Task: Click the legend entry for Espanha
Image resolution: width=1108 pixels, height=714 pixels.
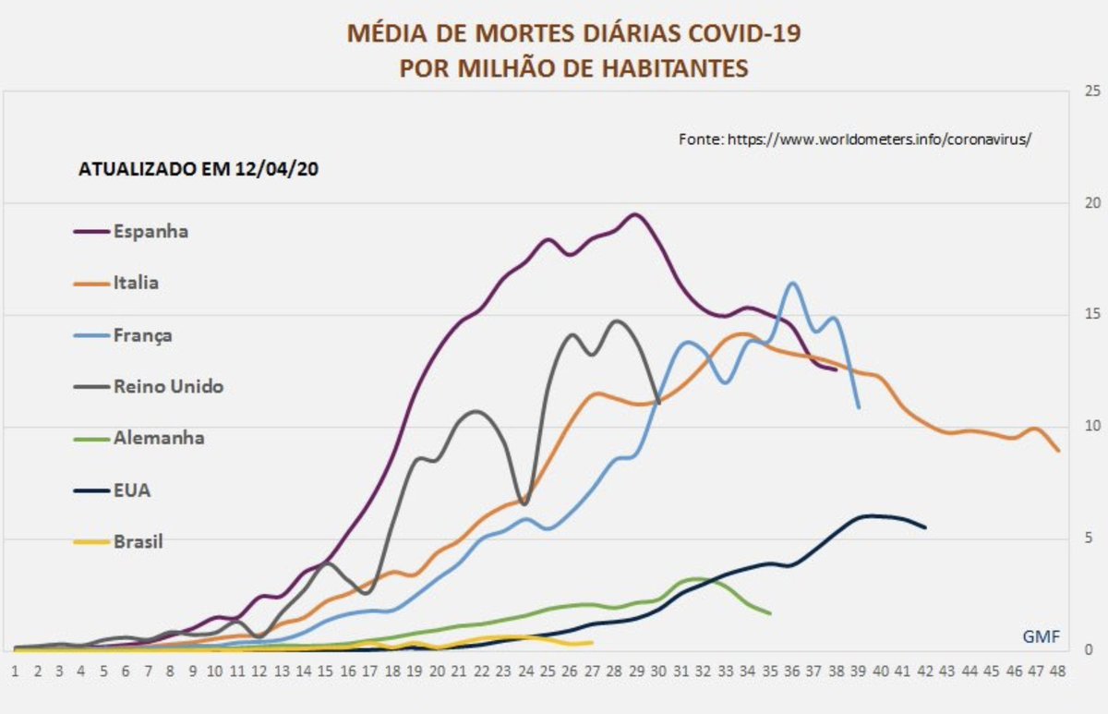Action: pyautogui.click(x=150, y=232)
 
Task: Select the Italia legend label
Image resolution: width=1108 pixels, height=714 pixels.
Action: pyautogui.click(x=135, y=283)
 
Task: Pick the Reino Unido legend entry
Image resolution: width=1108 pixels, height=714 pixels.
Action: pyautogui.click(x=167, y=387)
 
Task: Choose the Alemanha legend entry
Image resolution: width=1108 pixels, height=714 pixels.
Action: pyautogui.click(x=158, y=438)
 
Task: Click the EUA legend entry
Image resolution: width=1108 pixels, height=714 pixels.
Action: pyautogui.click(x=131, y=490)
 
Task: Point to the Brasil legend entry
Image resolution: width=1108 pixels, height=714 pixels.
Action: pyautogui.click(x=138, y=542)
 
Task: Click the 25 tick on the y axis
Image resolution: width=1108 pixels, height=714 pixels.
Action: pyautogui.click(x=1093, y=91)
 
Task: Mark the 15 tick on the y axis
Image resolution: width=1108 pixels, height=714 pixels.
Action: pyautogui.click(x=1093, y=315)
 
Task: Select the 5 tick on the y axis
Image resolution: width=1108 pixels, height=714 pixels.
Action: pyautogui.click(x=1090, y=539)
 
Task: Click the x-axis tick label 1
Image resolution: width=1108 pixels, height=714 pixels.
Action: pyautogui.click(x=16, y=671)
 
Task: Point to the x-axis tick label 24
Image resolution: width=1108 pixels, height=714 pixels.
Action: pyautogui.click(x=525, y=671)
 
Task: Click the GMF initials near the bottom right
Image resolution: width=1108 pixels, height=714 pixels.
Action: pyautogui.click(x=1041, y=636)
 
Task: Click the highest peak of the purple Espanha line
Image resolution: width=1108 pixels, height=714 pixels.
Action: pyautogui.click(x=635, y=214)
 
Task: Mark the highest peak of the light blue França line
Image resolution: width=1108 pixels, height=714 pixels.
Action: pyautogui.click(x=792, y=283)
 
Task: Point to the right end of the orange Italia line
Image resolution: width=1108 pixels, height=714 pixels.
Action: pyautogui.click(x=1058, y=451)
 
